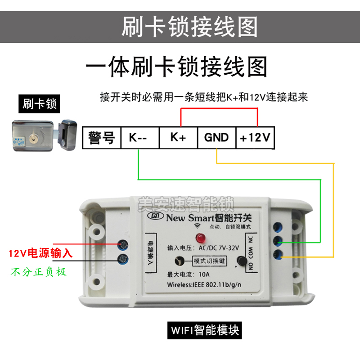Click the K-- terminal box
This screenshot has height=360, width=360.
point(140,137)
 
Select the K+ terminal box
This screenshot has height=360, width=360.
point(178,137)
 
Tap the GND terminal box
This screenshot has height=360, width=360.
point(216,137)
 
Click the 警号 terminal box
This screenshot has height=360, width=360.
point(102,137)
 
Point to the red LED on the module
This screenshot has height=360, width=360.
point(198,238)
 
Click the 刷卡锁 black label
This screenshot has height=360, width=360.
point(40,104)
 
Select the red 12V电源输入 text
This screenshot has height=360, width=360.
point(40,253)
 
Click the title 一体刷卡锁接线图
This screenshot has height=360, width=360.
point(176,67)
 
